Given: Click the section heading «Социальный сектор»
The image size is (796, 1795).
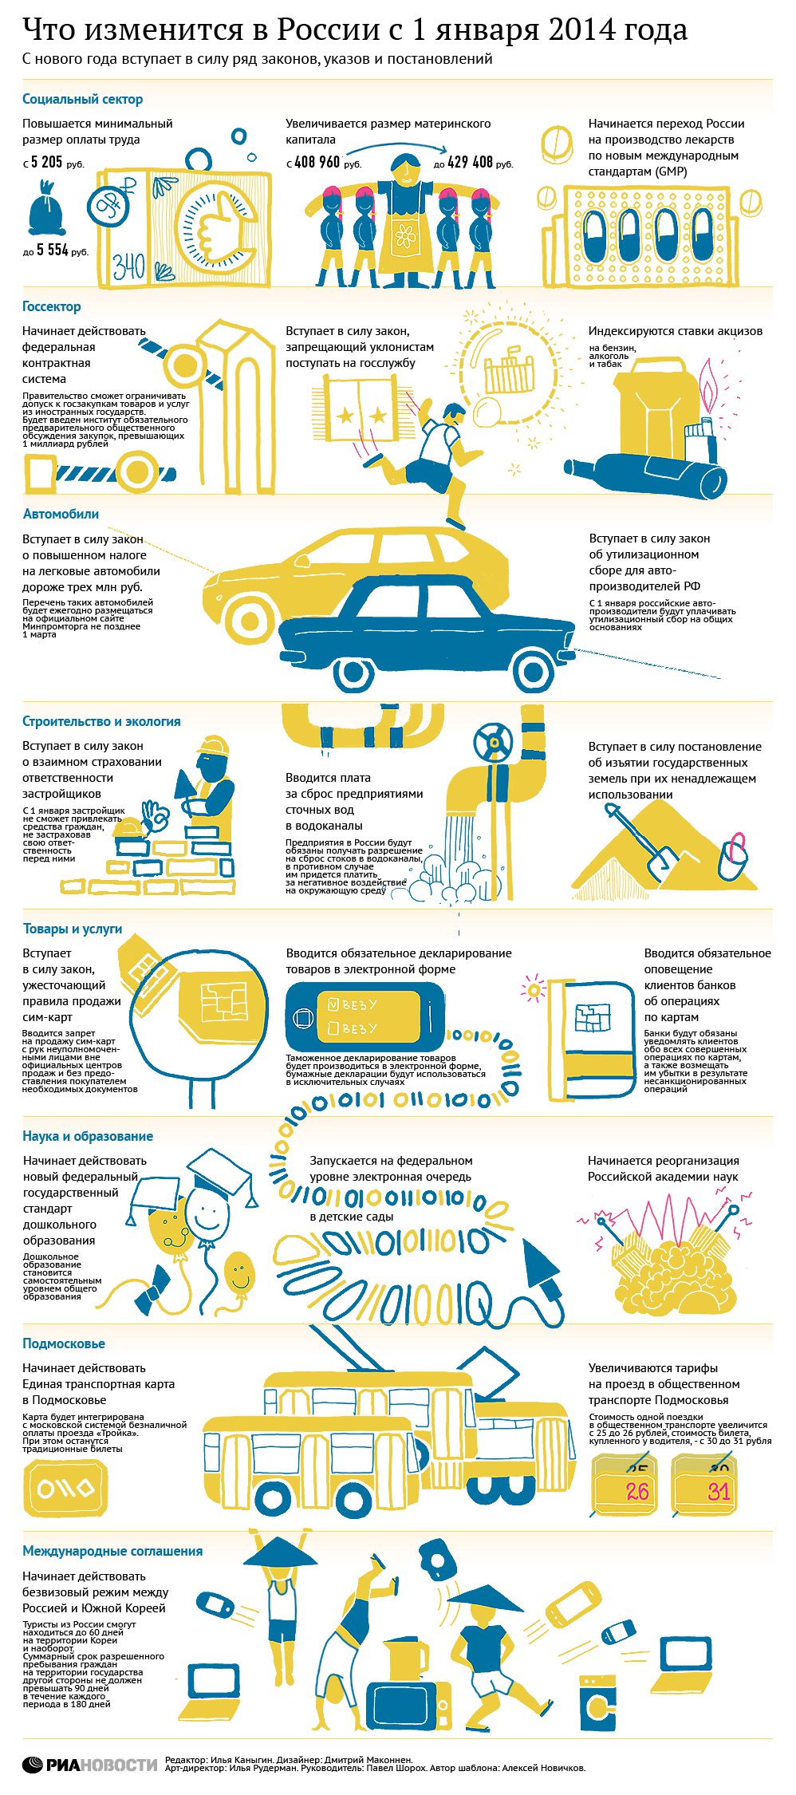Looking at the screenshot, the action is tap(83, 100).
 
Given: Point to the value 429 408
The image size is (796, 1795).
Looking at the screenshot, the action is tap(470, 162).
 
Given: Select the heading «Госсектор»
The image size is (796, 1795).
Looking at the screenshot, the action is tap(52, 307).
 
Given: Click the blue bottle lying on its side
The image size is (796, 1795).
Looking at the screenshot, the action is tap(646, 474).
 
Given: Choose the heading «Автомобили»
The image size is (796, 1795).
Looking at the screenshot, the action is tap(61, 514).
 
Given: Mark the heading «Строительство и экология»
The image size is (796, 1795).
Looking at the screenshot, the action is tap(101, 721).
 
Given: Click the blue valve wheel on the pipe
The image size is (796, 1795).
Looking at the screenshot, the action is tap(491, 742).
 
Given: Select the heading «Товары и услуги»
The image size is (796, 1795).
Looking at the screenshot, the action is tap(73, 929).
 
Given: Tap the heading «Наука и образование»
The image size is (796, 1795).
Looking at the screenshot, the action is tap(88, 1136).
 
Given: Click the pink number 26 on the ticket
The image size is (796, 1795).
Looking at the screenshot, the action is tap(637, 1491).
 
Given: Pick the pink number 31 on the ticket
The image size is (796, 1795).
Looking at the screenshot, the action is tap(719, 1491).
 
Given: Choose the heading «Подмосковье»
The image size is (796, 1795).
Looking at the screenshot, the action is tap(64, 1343).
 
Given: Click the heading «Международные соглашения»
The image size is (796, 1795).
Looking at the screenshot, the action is tap(112, 1551).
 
